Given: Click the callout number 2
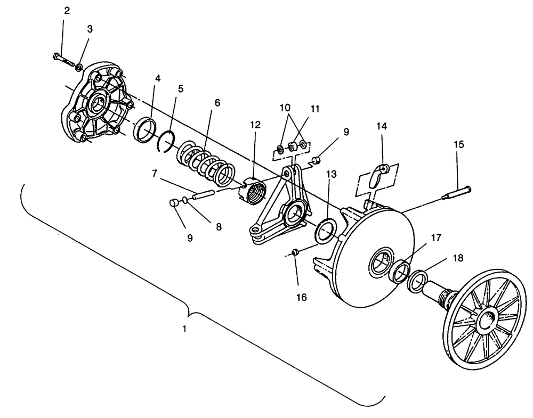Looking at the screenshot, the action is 67,11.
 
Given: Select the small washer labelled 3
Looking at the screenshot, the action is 79,67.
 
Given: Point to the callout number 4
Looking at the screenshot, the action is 158,78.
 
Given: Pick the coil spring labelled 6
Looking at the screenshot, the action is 206,163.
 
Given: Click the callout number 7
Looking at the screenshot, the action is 155,174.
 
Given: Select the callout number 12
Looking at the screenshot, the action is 255,125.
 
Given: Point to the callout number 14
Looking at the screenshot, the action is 382,126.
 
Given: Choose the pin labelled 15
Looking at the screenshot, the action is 456,192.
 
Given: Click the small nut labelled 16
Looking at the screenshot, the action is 295,251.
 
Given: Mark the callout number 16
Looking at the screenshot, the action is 302,298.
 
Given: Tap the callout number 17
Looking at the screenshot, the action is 436,237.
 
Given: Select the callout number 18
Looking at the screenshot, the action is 458,258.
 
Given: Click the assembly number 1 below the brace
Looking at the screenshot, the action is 184,329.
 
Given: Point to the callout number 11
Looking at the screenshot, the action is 315,109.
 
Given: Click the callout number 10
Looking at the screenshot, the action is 285,108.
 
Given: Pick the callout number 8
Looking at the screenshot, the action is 219,226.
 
